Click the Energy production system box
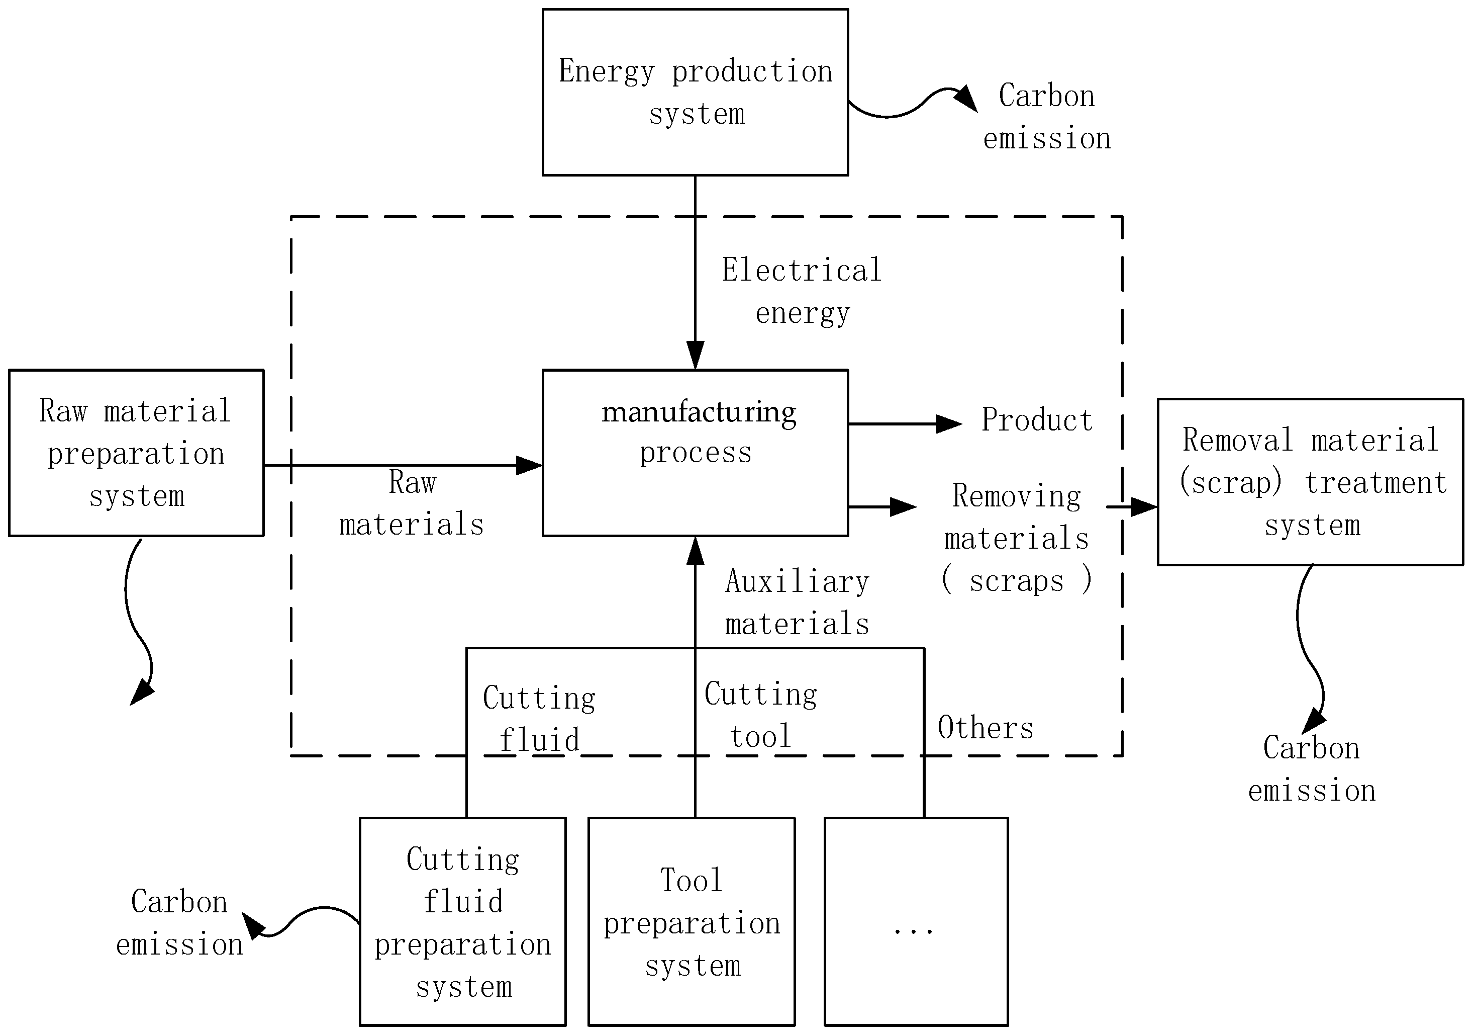click(x=695, y=92)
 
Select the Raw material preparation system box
click(x=136, y=453)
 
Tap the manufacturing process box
click(x=695, y=453)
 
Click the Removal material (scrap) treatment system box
click(x=1310, y=482)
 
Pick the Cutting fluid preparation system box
click(x=462, y=922)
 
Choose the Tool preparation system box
click(x=692, y=922)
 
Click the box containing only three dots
click(x=916, y=922)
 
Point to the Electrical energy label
click(x=802, y=291)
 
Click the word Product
click(x=1036, y=420)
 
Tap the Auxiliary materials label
click(x=797, y=602)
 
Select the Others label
click(x=985, y=728)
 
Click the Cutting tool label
click(x=760, y=715)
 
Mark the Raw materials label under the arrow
click(x=412, y=503)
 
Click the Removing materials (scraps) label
click(x=1016, y=538)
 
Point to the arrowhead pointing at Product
click(x=949, y=424)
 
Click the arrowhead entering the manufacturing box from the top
click(x=695, y=355)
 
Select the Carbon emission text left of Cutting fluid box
click(x=179, y=923)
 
